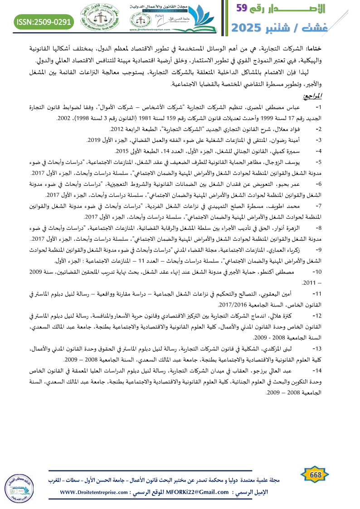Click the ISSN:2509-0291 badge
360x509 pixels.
coord(44,21)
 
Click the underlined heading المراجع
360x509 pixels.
coord(312,97)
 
